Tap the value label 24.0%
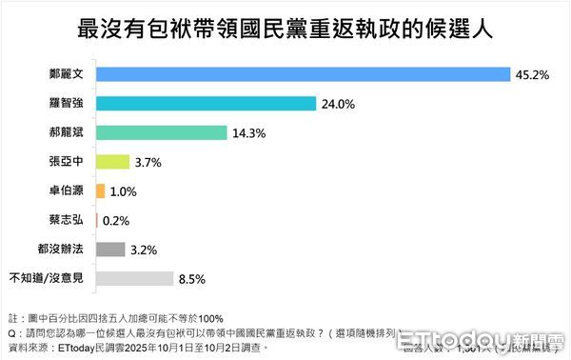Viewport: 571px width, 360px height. point(341,104)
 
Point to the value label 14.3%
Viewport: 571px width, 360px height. point(246,132)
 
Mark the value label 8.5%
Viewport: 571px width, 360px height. point(192,279)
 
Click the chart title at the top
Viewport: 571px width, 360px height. point(285,27)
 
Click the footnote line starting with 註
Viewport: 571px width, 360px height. point(116,317)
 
